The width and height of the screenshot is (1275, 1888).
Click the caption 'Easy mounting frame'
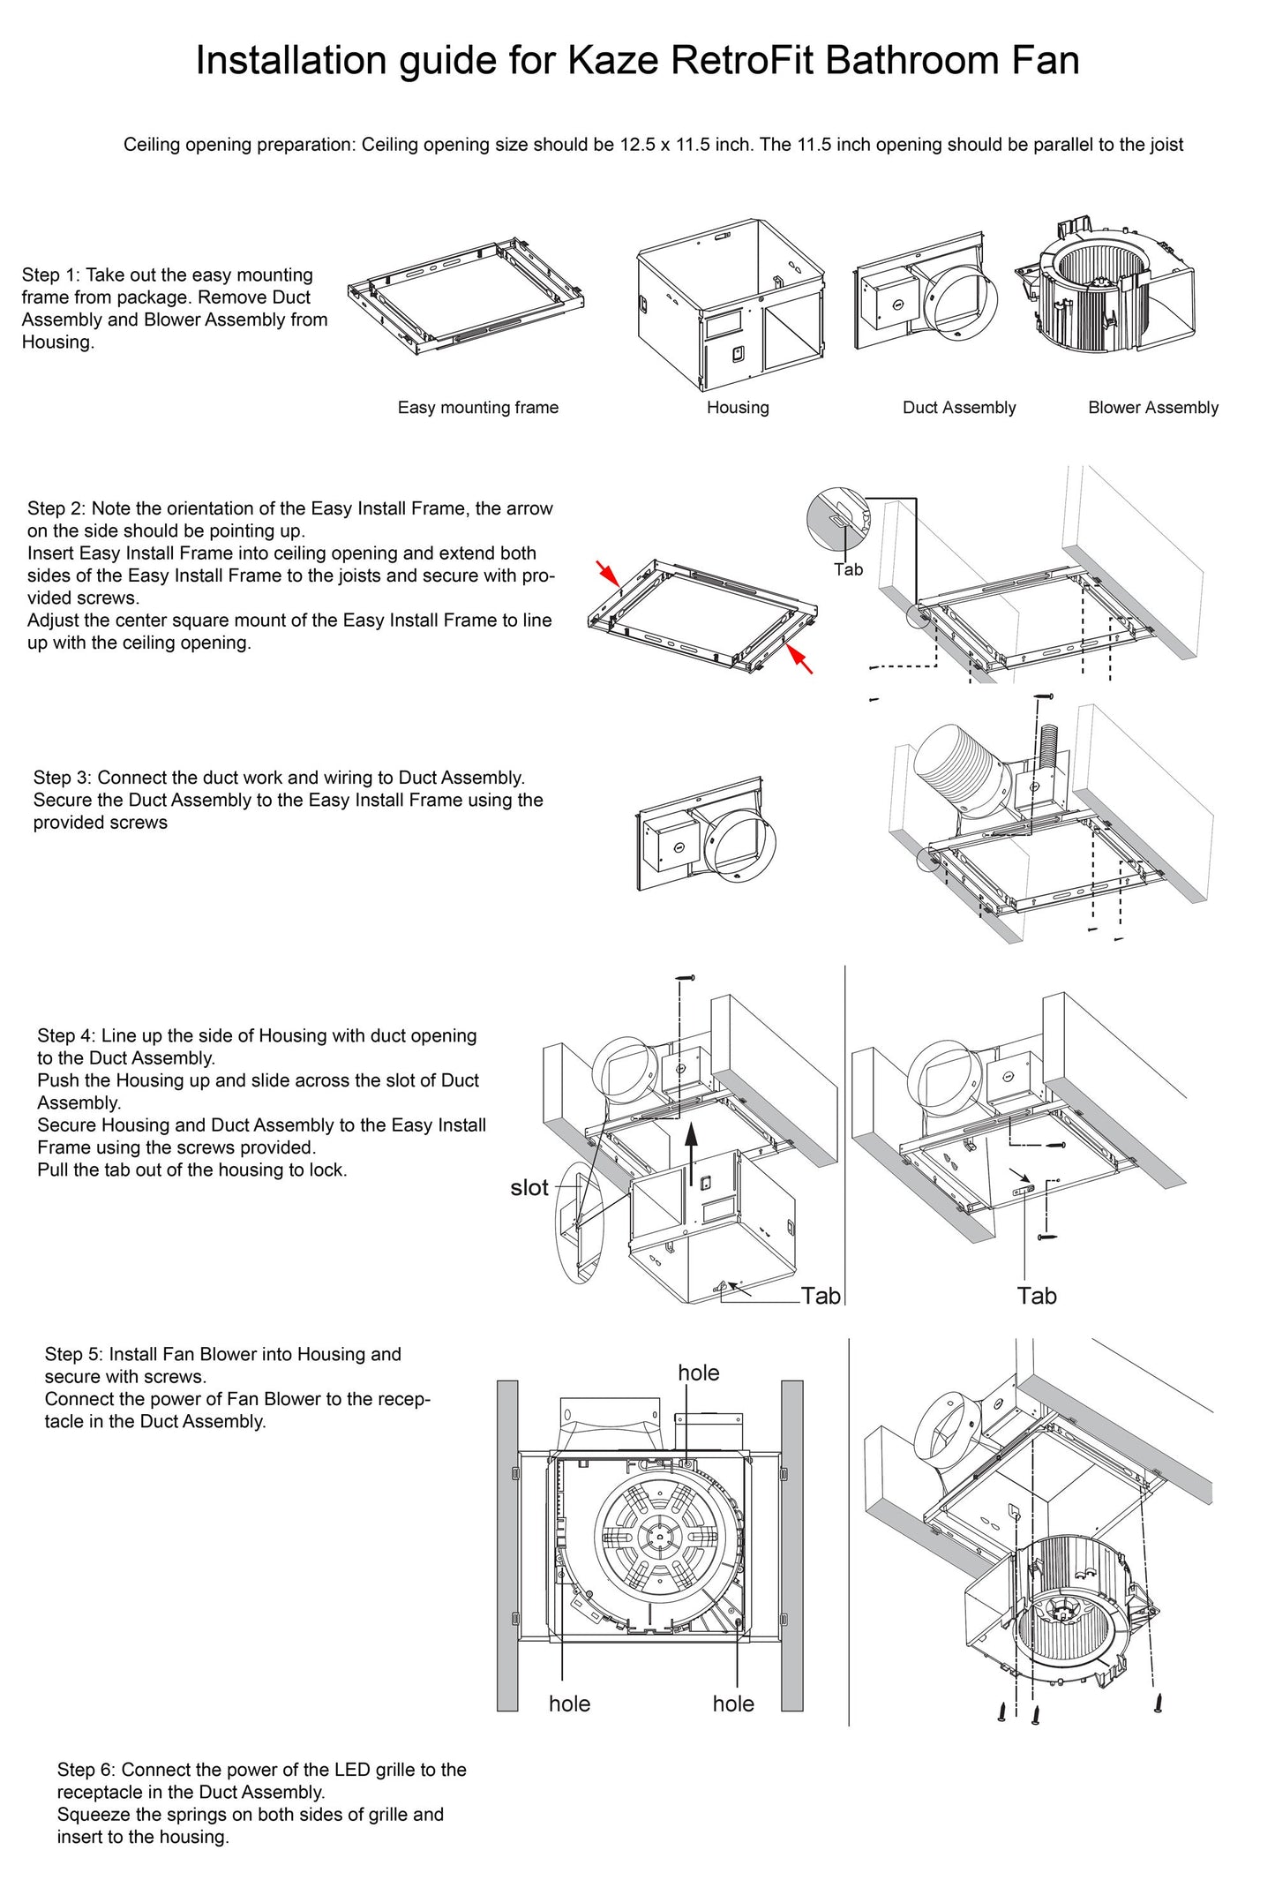[477, 408]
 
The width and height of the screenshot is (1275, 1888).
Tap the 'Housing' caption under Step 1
[738, 408]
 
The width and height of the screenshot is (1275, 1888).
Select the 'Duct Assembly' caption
[959, 408]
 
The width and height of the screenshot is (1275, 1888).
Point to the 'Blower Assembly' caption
[1152, 408]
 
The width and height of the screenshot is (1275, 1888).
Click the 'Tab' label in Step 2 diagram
[848, 570]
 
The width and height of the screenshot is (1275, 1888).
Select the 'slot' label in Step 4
[529, 1188]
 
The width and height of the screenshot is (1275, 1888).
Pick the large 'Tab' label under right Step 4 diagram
[1036, 1297]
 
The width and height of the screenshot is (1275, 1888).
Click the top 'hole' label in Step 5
[698, 1373]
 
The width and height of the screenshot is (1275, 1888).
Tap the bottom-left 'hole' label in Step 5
[569, 1704]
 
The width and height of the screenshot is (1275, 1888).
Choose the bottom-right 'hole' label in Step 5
[733, 1704]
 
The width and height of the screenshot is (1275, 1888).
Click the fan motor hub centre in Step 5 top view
[659, 1537]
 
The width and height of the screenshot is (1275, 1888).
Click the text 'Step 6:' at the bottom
[86, 1770]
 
